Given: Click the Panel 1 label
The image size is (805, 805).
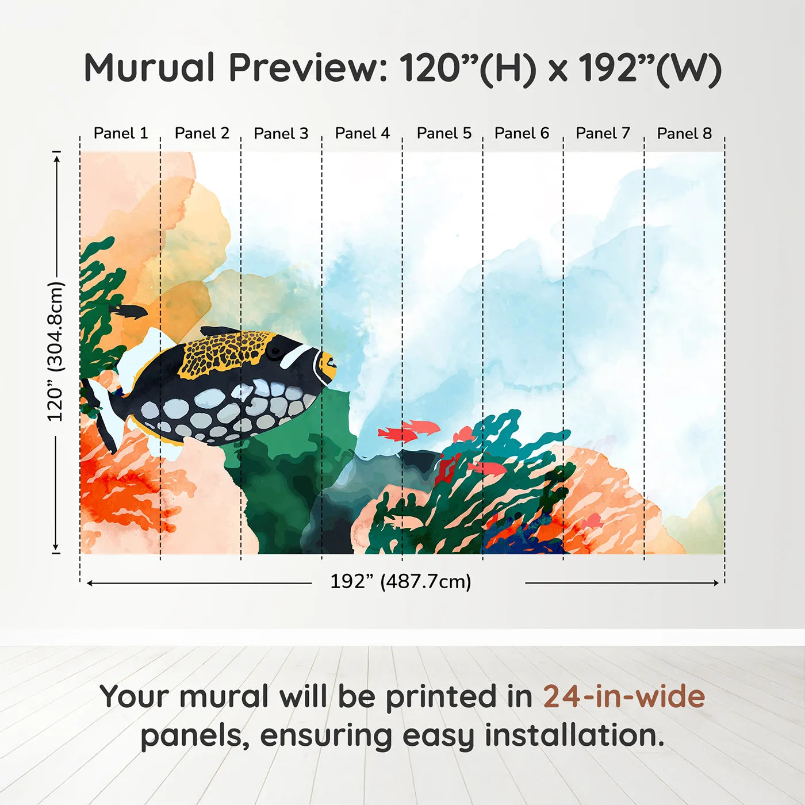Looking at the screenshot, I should [x=121, y=133].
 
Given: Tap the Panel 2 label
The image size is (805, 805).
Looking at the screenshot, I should [x=202, y=133].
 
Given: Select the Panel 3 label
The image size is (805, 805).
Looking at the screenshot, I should [x=281, y=133].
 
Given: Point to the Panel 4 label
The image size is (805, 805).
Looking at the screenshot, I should [x=362, y=133].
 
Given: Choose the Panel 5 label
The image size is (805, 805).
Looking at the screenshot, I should [x=444, y=133].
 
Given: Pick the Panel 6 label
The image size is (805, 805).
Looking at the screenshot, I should [x=522, y=133].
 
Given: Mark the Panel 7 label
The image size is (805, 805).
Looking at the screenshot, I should [x=603, y=133].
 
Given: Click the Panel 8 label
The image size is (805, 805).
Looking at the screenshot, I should [x=684, y=133].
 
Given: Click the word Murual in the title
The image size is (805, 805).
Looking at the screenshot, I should [x=149, y=68].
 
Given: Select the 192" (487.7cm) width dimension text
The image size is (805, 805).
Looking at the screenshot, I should [x=401, y=582].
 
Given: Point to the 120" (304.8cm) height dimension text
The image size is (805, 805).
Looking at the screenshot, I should [x=56, y=351].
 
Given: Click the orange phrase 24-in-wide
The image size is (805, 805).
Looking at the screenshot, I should [x=624, y=697].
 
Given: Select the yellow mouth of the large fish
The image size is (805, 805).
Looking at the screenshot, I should [x=327, y=366].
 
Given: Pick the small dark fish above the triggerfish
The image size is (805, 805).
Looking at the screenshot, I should [x=129, y=312].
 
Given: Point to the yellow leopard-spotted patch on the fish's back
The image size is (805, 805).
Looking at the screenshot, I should [x=224, y=352].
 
